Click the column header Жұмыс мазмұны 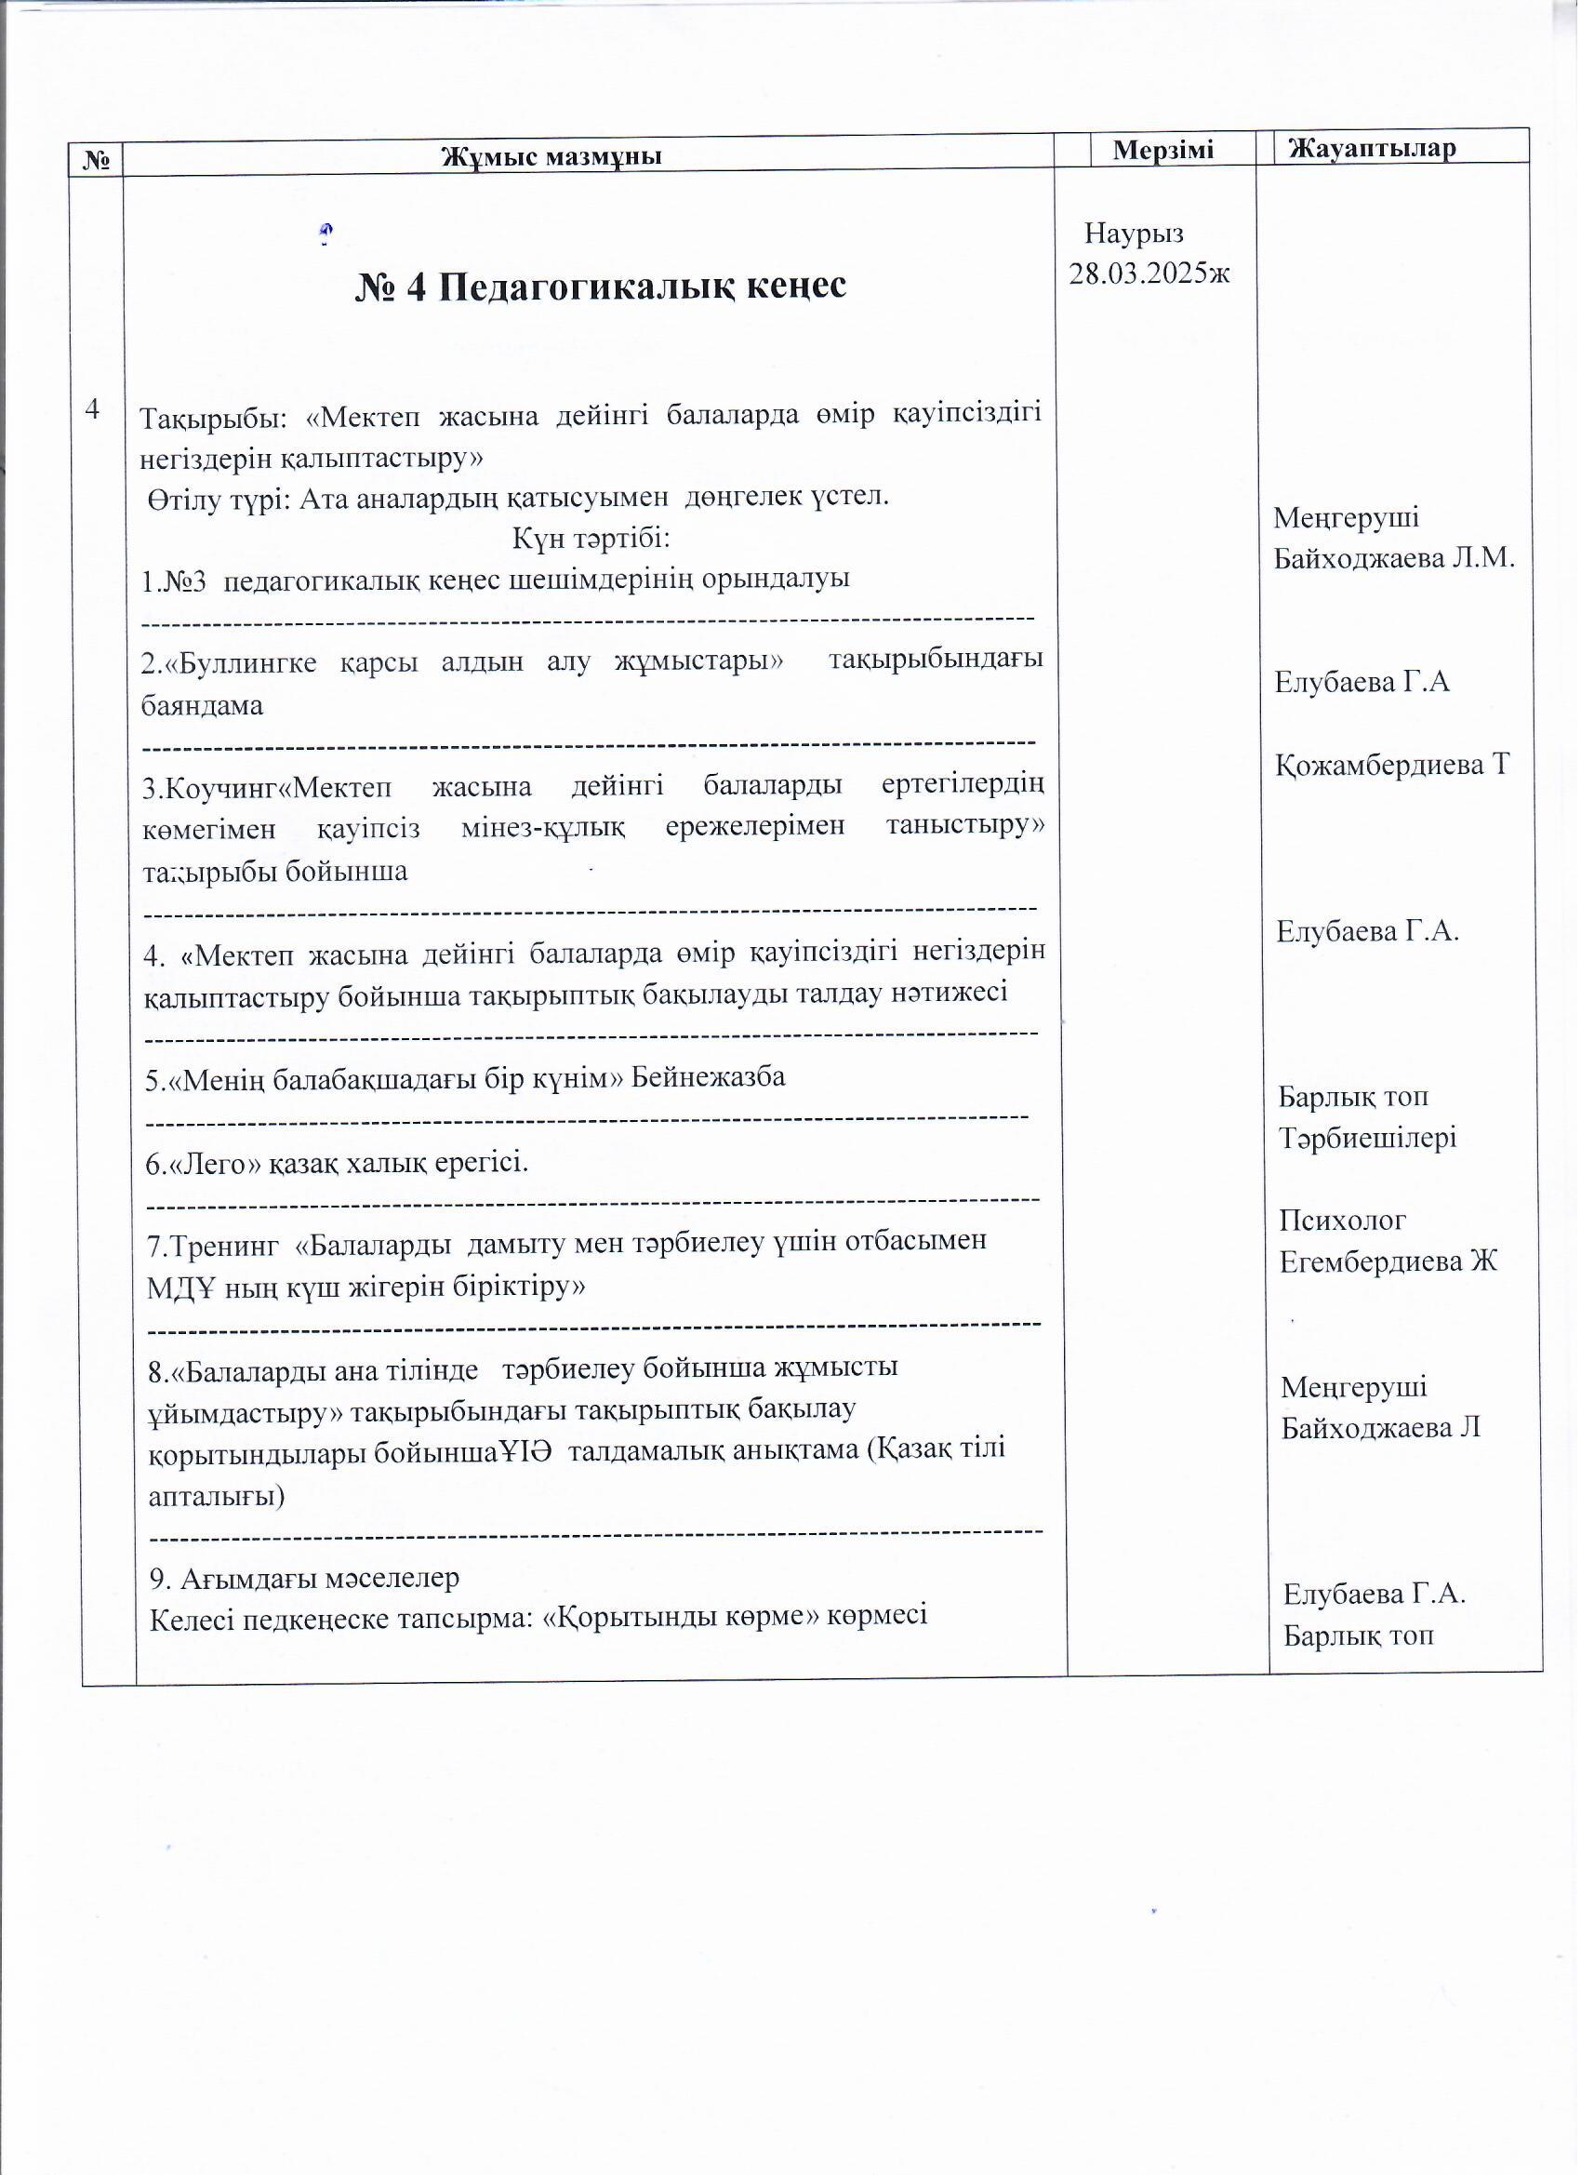[x=551, y=155]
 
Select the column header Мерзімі [x=1163, y=150]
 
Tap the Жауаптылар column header [x=1372, y=148]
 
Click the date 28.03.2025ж [x=1149, y=274]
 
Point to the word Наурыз [x=1135, y=234]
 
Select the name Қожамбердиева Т [x=1392, y=765]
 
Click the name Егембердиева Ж [x=1388, y=1262]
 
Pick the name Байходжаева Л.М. [x=1394, y=558]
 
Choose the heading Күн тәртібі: [x=591, y=538]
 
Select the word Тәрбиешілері [x=1367, y=1139]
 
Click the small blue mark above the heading [x=326, y=233]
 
